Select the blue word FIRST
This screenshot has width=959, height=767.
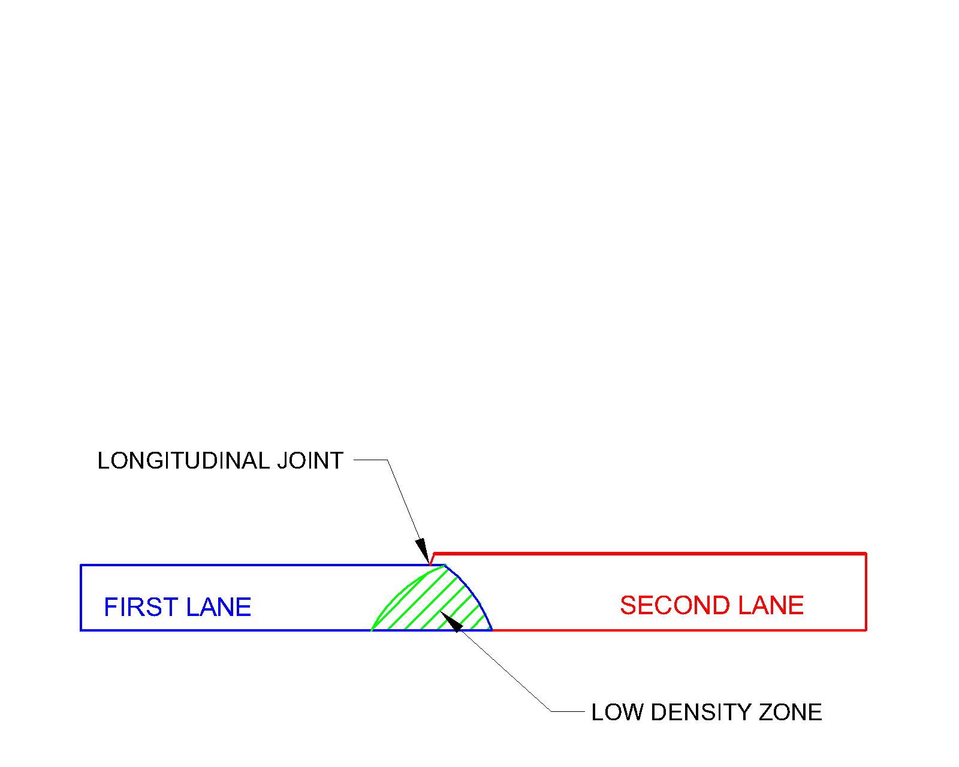pos(141,607)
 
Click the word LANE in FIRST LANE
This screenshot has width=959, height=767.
pos(218,607)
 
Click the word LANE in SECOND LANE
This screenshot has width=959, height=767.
pos(770,605)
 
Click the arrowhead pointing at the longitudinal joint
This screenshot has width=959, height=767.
pos(423,550)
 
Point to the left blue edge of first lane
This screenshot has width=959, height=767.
pos(81,597)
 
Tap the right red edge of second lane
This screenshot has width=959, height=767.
pos(866,591)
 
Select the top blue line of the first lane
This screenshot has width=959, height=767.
pos(252,565)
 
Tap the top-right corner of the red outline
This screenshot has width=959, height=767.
pos(866,553)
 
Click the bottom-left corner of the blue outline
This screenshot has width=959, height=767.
pos(81,630)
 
